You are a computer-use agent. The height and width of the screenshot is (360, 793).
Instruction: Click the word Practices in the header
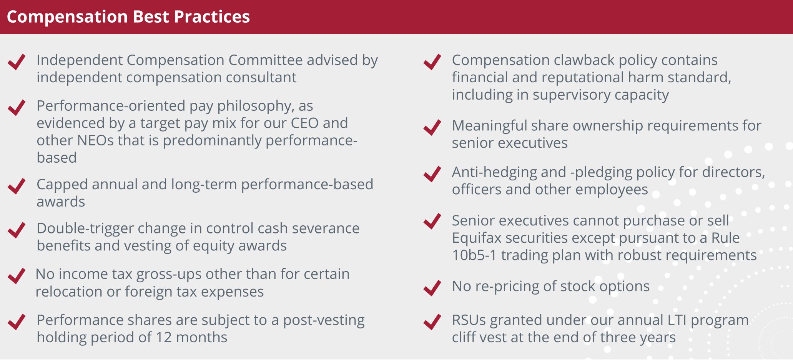click(212, 17)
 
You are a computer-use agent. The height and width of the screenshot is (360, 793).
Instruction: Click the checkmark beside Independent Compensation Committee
click(17, 62)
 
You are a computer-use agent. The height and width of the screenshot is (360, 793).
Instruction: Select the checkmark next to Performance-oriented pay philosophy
click(17, 107)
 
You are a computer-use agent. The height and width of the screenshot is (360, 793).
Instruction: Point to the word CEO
click(305, 123)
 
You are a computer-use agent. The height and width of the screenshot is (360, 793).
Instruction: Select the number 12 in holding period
click(163, 337)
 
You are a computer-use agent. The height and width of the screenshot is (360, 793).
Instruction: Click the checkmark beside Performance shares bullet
click(17, 322)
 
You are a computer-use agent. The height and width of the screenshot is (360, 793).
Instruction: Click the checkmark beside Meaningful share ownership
click(432, 127)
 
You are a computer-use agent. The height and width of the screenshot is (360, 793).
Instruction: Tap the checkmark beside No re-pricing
click(432, 288)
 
